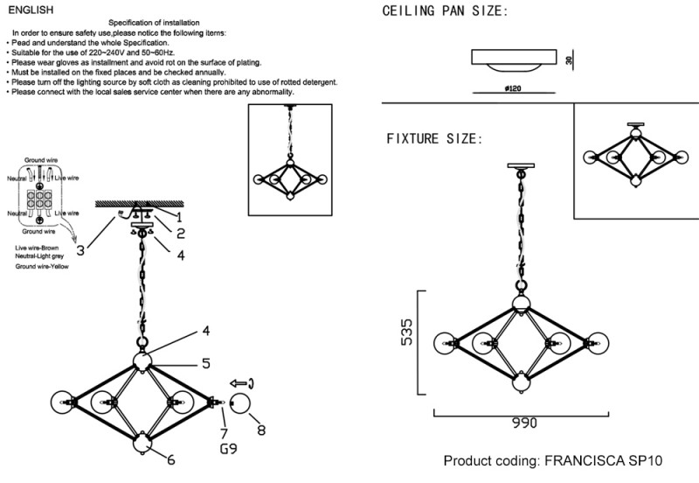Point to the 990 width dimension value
click(524, 423)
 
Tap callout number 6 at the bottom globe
click(170, 459)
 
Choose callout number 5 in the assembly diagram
click(205, 363)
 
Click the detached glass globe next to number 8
click(240, 404)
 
